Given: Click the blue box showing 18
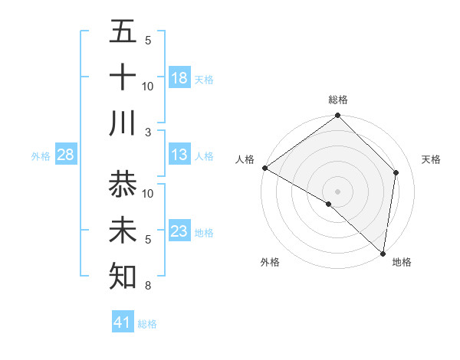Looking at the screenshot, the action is [x=179, y=78].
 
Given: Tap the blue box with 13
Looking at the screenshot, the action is [x=179, y=155].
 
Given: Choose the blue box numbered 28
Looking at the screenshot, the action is [x=66, y=155].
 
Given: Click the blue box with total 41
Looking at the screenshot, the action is [x=123, y=322].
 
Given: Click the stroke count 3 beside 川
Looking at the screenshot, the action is [x=149, y=132].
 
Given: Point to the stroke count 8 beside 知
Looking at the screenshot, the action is [x=148, y=286].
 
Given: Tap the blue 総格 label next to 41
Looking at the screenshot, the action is [x=147, y=324].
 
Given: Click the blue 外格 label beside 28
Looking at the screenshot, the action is [x=41, y=156].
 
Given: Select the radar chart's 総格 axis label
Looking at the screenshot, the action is [x=338, y=100].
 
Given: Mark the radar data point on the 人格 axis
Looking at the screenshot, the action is [x=264, y=168].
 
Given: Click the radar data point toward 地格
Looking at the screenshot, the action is [x=383, y=253].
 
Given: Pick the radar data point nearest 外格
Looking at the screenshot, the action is [x=329, y=204].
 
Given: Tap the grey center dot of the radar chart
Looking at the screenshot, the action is [x=338, y=191].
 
